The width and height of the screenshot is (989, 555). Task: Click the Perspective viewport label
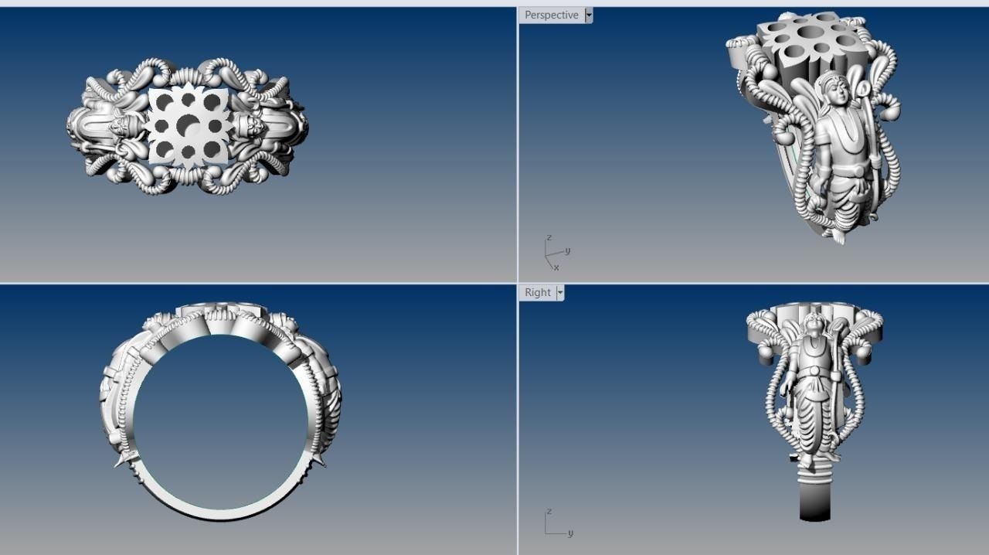(551, 15)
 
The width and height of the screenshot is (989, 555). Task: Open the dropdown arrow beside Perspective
(589, 15)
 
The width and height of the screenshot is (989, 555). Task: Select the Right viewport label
(537, 293)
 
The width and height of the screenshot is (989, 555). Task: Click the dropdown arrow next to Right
(560, 293)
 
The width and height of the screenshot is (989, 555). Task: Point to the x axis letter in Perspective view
(556, 267)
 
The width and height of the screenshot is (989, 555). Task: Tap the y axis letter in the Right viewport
(570, 533)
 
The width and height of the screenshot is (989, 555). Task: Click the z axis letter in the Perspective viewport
(549, 238)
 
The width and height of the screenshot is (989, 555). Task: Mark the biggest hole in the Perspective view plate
(811, 32)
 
